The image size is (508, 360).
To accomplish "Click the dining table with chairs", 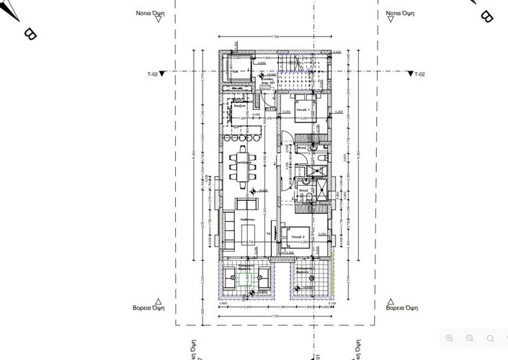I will [x=244, y=164].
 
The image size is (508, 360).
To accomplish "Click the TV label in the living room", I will [x=268, y=234].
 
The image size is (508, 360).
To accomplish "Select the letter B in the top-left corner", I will [x=30, y=33].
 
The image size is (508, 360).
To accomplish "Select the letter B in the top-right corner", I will [x=486, y=15].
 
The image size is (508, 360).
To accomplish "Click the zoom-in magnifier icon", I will [x=450, y=338].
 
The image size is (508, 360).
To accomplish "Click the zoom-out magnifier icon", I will [x=470, y=338].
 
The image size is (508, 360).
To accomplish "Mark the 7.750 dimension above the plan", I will [x=274, y=36].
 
